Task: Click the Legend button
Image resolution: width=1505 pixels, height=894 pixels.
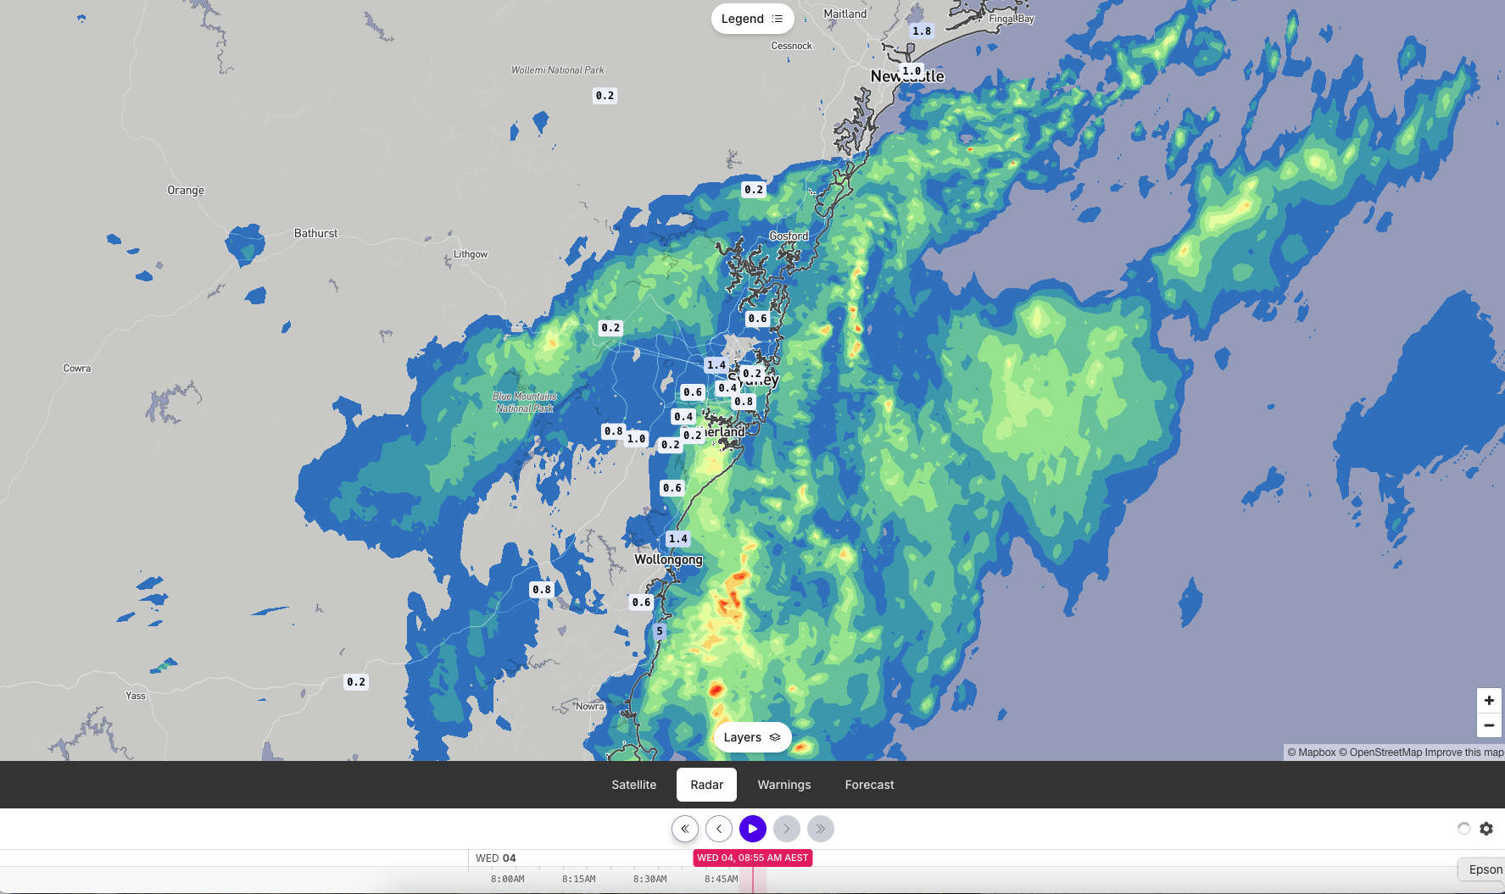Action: [x=752, y=19]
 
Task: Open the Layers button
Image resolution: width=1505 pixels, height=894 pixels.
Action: [x=752, y=737]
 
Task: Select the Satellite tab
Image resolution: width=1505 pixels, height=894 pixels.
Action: [x=633, y=785]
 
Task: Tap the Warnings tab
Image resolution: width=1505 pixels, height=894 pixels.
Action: [x=783, y=785]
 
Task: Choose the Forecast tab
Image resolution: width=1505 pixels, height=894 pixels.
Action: [x=869, y=785]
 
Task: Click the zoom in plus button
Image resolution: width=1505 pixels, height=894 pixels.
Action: [x=1489, y=700]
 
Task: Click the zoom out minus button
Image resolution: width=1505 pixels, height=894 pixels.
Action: [x=1489, y=725]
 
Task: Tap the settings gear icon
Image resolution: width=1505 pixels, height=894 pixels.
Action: [x=1486, y=829]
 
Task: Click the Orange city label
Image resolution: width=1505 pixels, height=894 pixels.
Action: [x=186, y=191]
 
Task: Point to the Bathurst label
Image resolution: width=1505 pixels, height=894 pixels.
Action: [x=315, y=233]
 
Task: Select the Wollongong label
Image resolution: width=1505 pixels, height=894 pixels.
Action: [x=668, y=559]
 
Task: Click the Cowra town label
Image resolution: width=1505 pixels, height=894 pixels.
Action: [x=77, y=369]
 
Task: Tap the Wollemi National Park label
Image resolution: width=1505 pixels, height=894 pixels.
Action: [x=557, y=70]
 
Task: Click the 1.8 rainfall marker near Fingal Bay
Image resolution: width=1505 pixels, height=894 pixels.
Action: [x=922, y=31]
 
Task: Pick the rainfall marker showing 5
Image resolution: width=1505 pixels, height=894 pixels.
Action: [x=660, y=631]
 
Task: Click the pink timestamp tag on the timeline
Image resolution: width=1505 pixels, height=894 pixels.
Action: [x=753, y=858]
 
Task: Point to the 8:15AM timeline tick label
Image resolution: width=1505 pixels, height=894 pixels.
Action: [x=578, y=879]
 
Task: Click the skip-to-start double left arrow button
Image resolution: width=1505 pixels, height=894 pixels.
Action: [x=685, y=829]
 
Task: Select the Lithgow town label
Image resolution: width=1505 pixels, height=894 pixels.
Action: [x=471, y=254]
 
